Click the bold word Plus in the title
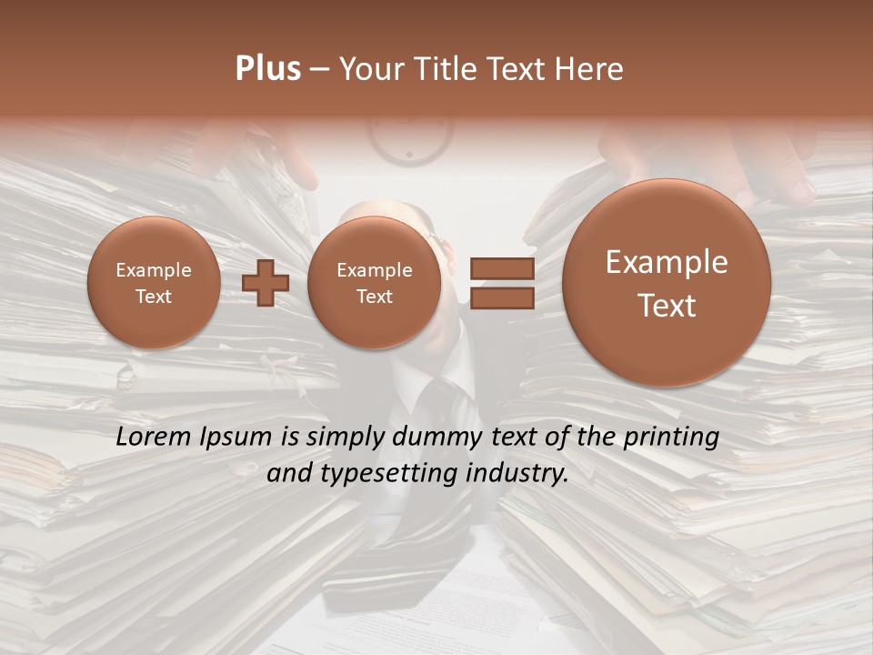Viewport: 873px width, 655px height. point(267,69)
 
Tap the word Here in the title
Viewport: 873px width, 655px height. point(592,69)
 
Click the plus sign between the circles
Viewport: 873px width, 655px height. point(265,283)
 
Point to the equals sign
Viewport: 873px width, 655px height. point(501,283)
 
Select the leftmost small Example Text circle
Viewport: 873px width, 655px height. point(154,283)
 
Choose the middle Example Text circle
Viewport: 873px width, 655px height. point(374,283)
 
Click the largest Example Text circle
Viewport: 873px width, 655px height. point(667,283)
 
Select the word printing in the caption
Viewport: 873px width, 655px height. point(671,438)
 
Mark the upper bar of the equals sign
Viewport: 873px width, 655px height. point(501,268)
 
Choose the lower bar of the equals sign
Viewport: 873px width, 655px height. point(501,297)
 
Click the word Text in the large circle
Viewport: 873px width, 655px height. point(667,306)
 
